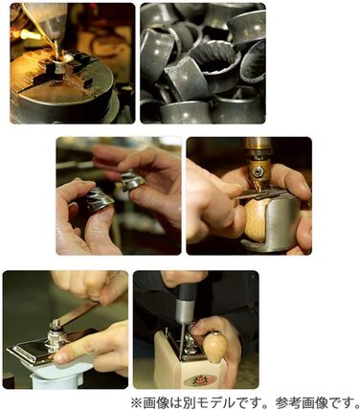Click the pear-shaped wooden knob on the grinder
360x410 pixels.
pyautogui.click(x=214, y=347)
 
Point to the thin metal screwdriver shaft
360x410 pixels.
pyautogui.click(x=182, y=338)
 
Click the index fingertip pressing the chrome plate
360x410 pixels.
pyautogui.click(x=60, y=357)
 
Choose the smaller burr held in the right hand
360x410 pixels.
pyautogui.click(x=133, y=179)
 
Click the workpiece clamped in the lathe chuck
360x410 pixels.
pyautogui.click(x=58, y=64)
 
